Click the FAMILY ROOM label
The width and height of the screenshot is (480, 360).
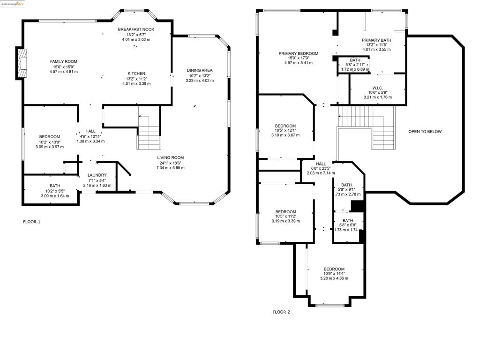point(64,61)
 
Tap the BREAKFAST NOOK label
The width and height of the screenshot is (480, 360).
point(136,30)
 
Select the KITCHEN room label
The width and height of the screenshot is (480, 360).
point(136,74)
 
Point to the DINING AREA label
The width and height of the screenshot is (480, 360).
point(200,70)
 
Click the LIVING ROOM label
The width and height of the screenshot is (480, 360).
point(171,157)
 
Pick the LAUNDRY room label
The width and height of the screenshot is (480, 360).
point(97,175)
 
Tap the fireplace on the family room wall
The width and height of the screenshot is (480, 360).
point(22,64)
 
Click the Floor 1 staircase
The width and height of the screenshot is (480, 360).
point(149,132)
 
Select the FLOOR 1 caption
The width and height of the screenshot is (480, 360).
point(32,222)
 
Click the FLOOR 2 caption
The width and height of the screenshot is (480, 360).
point(281,312)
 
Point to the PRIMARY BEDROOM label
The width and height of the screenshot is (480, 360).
point(299,53)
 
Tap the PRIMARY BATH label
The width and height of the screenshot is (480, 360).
point(376,40)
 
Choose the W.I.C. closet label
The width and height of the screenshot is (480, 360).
point(378,88)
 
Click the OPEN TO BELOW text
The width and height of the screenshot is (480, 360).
point(425,132)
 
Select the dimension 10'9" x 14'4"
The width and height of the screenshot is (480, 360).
point(334,274)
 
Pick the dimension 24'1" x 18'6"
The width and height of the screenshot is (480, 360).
point(171,163)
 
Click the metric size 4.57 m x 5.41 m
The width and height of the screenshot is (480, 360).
point(299,63)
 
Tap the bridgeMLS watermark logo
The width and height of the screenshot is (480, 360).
point(12,4)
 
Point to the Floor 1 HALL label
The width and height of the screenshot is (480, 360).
point(90,131)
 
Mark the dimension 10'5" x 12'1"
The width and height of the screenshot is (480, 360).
point(285,130)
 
